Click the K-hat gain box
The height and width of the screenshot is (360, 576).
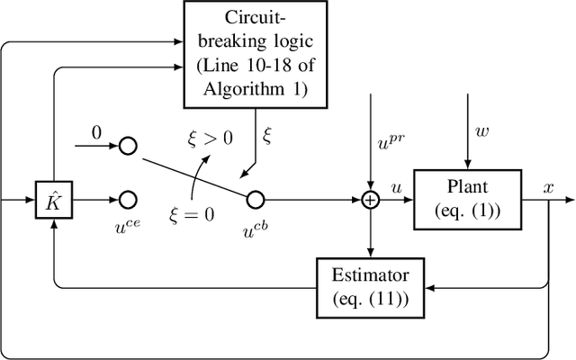53,199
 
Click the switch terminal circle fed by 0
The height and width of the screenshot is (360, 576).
128,145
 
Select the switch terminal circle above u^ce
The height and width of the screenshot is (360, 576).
128,199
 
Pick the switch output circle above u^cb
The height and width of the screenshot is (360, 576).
255,199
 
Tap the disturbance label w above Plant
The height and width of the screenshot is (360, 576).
481,132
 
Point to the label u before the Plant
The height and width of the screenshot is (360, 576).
396,186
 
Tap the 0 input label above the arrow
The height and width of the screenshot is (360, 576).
97,131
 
